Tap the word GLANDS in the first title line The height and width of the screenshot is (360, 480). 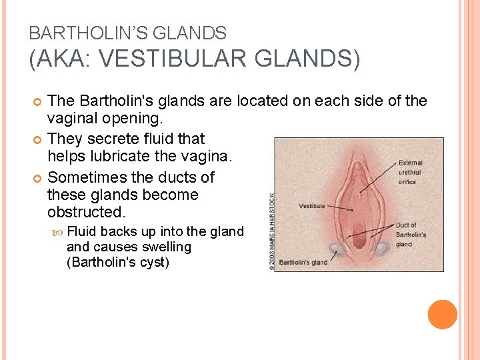point(197,33)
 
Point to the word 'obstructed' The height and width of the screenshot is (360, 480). point(86,213)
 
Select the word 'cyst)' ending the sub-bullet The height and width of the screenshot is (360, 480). point(153,262)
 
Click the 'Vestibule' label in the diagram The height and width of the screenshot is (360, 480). point(313,207)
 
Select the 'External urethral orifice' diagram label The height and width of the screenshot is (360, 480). point(410,171)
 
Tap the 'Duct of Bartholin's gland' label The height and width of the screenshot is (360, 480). point(410,235)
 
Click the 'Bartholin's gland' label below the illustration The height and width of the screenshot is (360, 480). point(303,262)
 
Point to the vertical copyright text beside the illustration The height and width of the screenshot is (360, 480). point(271,232)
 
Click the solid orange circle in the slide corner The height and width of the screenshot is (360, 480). point(443,315)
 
